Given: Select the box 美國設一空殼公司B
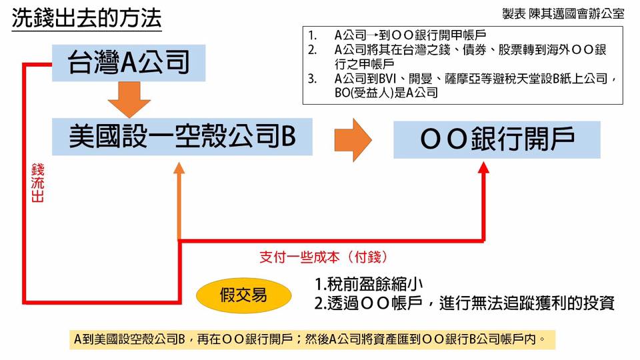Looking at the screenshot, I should click(182, 138).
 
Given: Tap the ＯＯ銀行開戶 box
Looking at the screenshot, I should click(497, 139).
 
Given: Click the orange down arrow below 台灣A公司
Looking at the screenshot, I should click(129, 99).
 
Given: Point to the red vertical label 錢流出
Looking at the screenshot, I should click(37, 183).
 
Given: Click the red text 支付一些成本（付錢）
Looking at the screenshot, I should click(323, 257).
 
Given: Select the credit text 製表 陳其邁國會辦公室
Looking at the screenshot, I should click(563, 14).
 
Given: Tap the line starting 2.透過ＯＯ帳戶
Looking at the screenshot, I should click(464, 303).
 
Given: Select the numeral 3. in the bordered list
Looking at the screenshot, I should click(312, 79).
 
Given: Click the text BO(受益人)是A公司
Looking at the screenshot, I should click(386, 93).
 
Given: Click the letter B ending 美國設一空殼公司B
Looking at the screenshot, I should click(288, 137).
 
